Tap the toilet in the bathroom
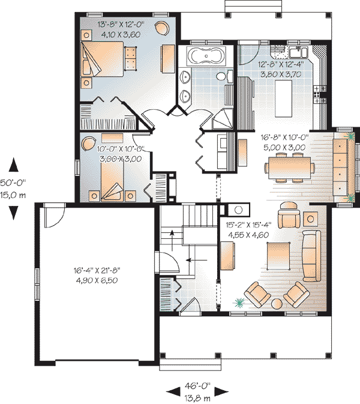point(224,76)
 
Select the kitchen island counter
point(283,98)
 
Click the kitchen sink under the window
point(298,52)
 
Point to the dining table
point(290,167)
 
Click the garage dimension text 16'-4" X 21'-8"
point(97,270)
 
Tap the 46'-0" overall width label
point(197,386)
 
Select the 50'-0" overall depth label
point(13,182)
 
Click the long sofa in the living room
point(311,256)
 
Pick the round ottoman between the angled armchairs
point(277,304)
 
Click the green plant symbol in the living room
point(239,303)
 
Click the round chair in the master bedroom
point(162,28)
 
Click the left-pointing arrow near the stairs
point(197,260)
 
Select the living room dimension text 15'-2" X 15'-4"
point(249,225)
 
